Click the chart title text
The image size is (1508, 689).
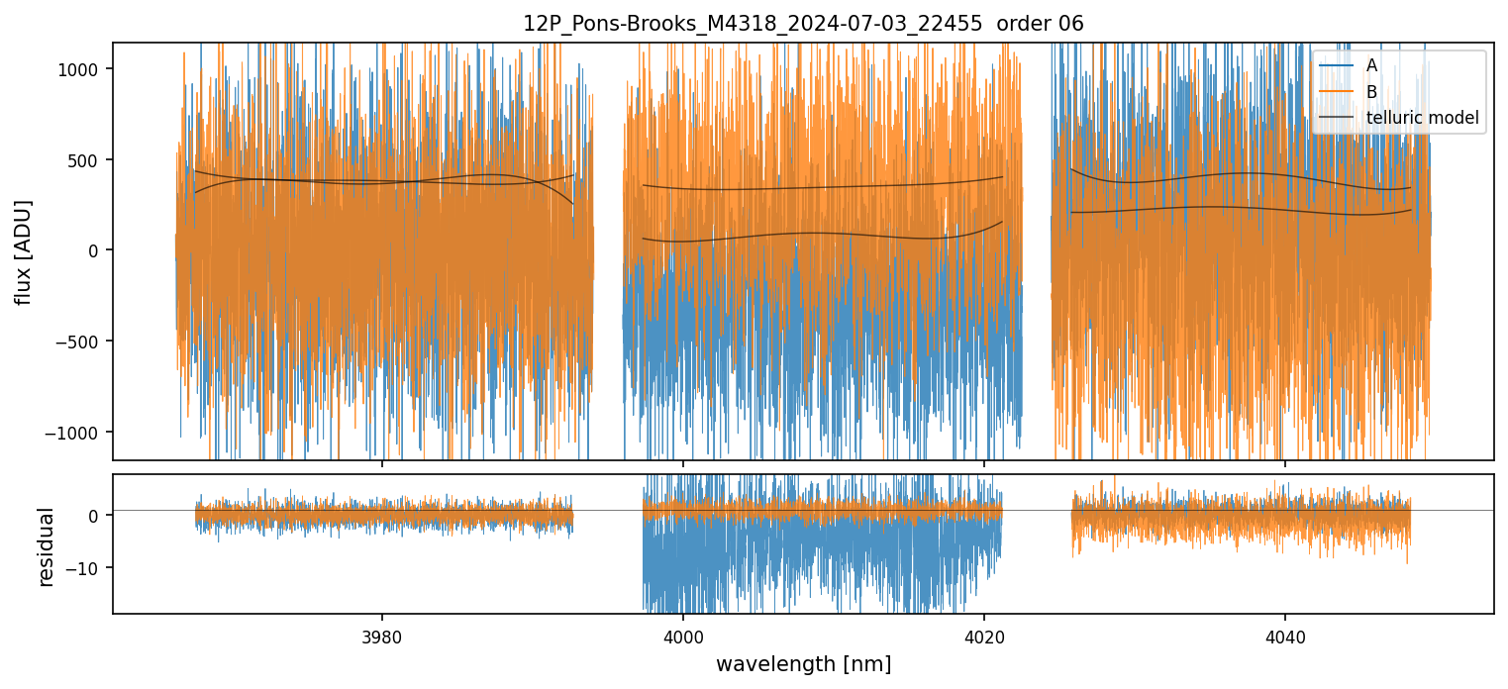click(803, 24)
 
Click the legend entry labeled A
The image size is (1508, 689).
click(1371, 65)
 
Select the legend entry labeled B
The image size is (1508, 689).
click(1371, 92)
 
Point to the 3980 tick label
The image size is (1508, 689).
click(383, 635)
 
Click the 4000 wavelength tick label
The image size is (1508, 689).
click(683, 635)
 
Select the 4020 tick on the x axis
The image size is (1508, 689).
click(983, 635)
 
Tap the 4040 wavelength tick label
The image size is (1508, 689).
click(1284, 635)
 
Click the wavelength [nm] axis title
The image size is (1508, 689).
click(803, 663)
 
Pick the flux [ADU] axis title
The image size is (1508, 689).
click(23, 251)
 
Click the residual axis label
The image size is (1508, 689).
click(46, 546)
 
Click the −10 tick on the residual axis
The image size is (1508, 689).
click(86, 568)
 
